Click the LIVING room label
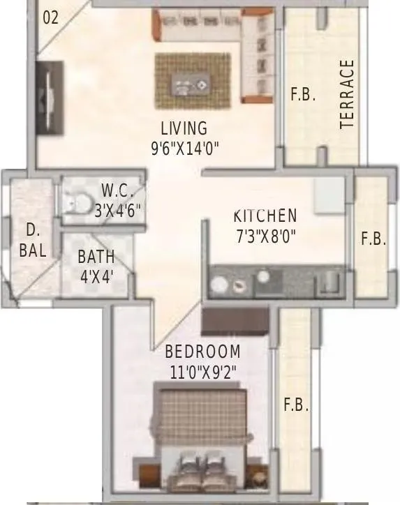tap(184, 128)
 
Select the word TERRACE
tap(347, 94)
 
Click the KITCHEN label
tap(265, 216)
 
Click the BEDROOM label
tap(202, 352)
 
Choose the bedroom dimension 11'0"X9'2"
tap(203, 372)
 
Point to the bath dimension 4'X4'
tap(96, 276)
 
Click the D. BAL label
tap(32, 240)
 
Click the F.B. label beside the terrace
tap(303, 94)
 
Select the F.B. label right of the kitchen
tap(373, 239)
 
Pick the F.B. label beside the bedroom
tap(295, 405)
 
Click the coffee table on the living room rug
tap(191, 86)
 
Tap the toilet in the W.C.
tap(73, 202)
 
